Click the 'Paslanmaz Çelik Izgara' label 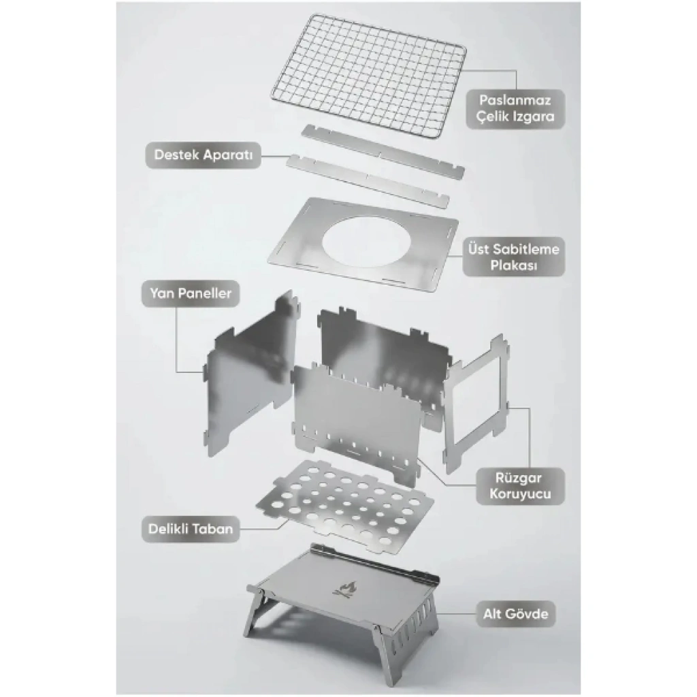point(515,108)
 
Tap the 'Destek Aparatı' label point(203,155)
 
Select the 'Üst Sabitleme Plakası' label point(513,257)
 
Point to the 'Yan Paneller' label point(191,293)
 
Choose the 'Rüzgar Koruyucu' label point(520,486)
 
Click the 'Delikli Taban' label point(191,529)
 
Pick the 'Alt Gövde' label point(516,614)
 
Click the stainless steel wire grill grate point(368,76)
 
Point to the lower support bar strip point(368,180)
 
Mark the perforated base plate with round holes point(345,506)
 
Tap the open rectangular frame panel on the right point(476,404)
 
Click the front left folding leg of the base point(254,613)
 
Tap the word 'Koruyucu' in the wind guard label point(520,494)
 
